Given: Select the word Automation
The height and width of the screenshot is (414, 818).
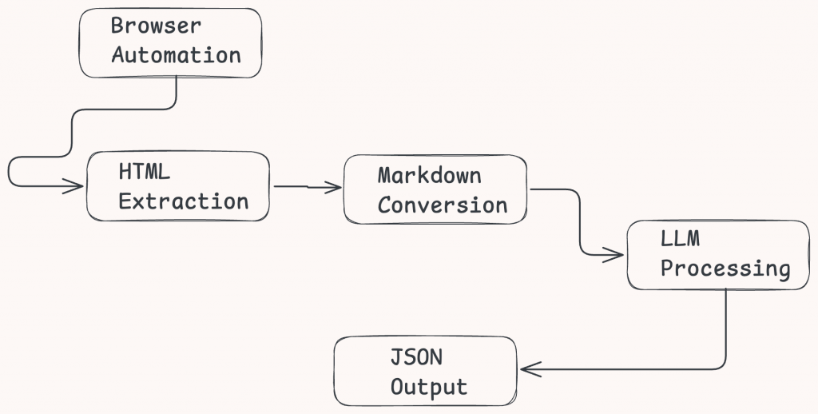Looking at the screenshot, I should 176,55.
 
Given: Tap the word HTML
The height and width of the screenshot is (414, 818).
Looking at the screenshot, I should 145,172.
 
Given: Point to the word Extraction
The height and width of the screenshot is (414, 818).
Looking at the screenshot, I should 184,201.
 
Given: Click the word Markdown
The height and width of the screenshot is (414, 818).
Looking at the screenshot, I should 429,175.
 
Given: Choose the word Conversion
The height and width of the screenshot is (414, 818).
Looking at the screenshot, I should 443,205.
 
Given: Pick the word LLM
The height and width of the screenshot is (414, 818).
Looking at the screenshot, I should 679,240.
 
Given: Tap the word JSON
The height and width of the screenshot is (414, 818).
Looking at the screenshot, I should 415,357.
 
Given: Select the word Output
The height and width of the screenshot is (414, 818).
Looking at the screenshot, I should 429,387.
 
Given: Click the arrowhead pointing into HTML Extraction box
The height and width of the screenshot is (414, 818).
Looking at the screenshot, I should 75,186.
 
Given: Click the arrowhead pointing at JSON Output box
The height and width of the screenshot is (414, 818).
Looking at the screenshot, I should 530,368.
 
